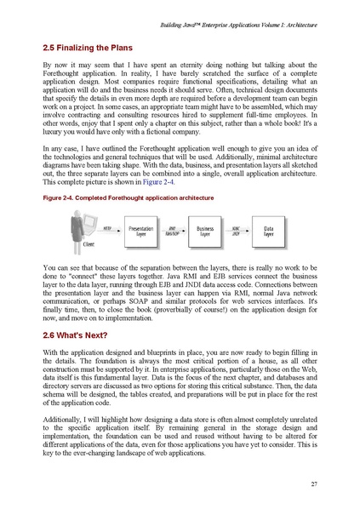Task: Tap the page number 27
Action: pos(314,483)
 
